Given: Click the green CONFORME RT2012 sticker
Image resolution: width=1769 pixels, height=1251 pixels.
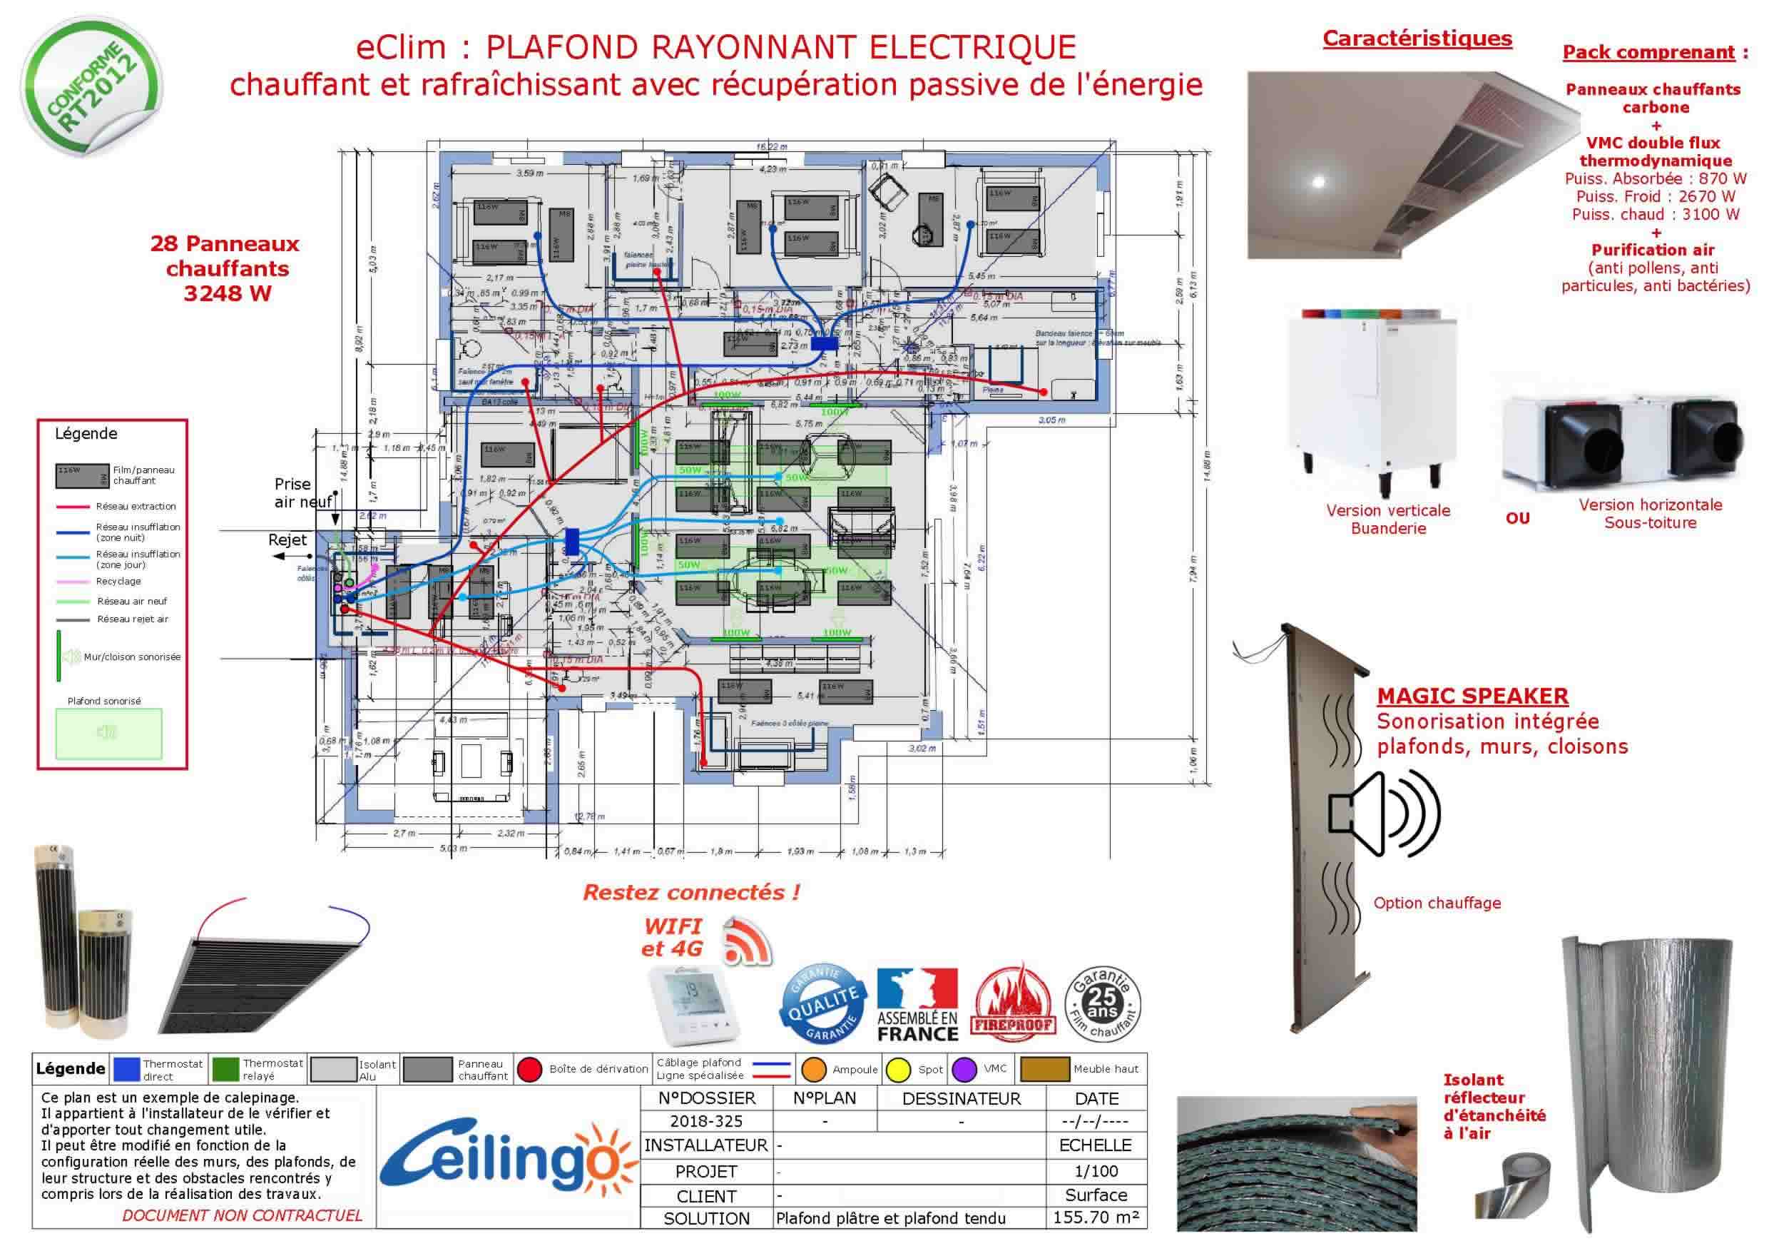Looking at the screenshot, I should click(x=91, y=86).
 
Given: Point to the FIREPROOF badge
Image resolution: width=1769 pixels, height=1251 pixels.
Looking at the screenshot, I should click(x=1012, y=1004).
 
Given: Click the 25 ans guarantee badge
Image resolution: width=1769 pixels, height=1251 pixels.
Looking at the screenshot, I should click(x=1102, y=1004).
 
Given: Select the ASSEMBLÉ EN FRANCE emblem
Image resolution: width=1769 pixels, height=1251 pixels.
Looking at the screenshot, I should click(x=917, y=1004).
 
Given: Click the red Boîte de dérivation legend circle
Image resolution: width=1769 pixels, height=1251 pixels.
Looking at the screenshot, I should click(x=529, y=1069).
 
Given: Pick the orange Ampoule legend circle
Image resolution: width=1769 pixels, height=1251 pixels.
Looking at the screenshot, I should click(x=814, y=1069).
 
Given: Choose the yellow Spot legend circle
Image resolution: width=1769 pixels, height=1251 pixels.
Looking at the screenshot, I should click(x=898, y=1069).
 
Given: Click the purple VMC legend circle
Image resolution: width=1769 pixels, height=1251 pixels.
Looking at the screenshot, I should click(x=964, y=1069).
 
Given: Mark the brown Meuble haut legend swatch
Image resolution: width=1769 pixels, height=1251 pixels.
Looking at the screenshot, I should click(x=1044, y=1069).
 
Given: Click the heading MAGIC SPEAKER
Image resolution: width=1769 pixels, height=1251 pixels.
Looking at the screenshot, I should click(x=1472, y=696).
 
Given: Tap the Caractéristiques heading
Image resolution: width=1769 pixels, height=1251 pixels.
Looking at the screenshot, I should click(x=1417, y=39).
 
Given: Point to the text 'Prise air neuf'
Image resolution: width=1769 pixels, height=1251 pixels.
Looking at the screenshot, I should click(x=302, y=493).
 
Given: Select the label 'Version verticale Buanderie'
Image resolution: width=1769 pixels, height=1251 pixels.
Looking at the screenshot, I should click(x=1387, y=519).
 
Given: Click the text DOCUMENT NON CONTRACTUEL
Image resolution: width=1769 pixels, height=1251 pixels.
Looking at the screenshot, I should click(x=242, y=1215).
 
